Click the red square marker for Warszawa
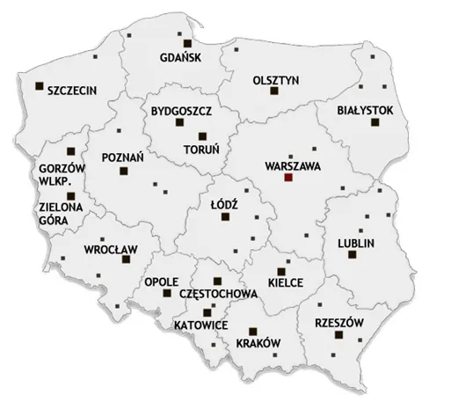click(287, 178)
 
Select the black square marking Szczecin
click(39, 86)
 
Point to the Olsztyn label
click(275, 78)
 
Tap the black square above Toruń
click(203, 135)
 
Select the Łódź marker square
click(224, 219)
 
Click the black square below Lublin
click(352, 255)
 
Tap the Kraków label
click(258, 342)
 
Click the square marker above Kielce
click(280, 270)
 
